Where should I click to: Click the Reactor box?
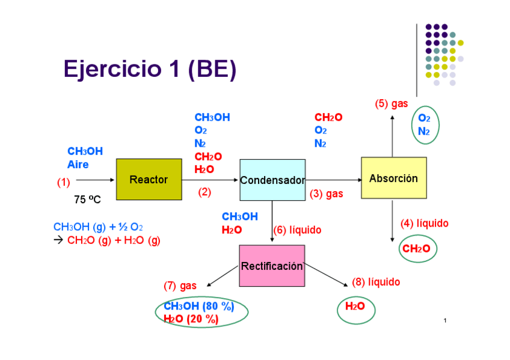click(149, 179)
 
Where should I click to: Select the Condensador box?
click(272, 180)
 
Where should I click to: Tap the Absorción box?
click(393, 178)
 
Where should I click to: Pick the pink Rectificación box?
click(272, 266)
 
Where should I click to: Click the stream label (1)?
click(63, 182)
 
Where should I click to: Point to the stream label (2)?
click(205, 192)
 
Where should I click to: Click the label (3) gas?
click(327, 194)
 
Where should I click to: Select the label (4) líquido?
click(424, 224)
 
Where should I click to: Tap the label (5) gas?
click(392, 103)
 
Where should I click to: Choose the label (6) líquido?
click(297, 230)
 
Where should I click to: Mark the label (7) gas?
click(180, 285)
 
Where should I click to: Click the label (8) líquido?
click(375, 282)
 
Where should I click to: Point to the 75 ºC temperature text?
click(87, 200)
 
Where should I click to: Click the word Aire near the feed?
click(78, 165)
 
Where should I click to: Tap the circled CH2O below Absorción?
click(416, 249)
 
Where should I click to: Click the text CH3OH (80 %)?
click(198, 306)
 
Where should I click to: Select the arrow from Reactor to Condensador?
click(210, 179)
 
